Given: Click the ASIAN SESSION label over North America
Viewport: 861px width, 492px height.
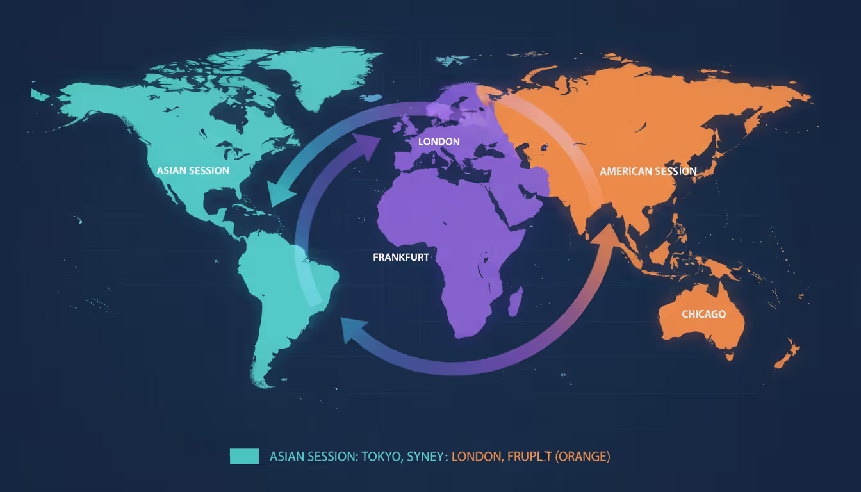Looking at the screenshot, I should coord(193,171).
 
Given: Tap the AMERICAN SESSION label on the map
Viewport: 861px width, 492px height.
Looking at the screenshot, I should coord(648,171).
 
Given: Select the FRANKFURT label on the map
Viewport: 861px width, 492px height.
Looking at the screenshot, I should coord(401,257).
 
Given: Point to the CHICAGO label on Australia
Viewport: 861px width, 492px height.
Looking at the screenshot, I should coord(703,314).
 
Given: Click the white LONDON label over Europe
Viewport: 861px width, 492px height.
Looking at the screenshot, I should coord(439,141).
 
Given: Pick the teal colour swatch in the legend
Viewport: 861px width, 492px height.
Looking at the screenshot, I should coord(244,456).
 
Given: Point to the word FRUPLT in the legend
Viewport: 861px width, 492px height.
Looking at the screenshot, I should coord(529,457).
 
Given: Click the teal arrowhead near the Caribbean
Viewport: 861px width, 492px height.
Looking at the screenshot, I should coord(277,193).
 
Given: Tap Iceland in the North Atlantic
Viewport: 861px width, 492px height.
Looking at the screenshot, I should coord(370,98).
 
